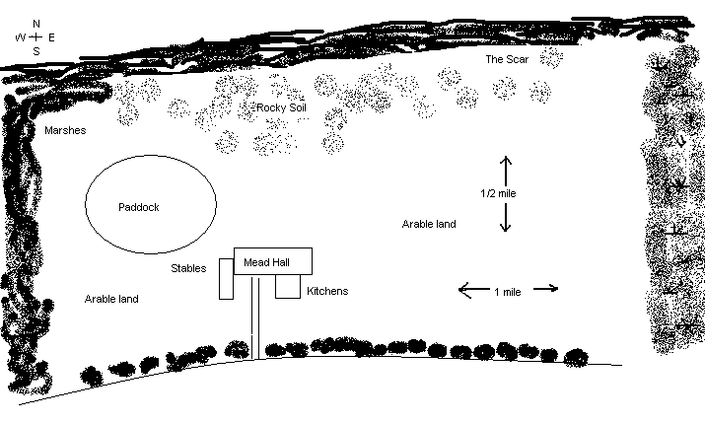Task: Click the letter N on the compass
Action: (36, 23)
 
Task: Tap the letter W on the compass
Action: (20, 37)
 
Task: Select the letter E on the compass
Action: (51, 37)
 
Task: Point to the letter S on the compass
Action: (36, 51)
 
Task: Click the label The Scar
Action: (507, 59)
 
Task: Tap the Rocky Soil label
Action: (281, 106)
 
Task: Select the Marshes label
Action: (65, 130)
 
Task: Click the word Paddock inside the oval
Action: (138, 207)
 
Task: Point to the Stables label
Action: (188, 267)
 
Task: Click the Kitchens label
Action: (327, 291)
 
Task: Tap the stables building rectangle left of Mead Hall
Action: (226, 278)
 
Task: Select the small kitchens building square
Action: (287, 286)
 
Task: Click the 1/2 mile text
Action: (498, 193)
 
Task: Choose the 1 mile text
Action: (507, 291)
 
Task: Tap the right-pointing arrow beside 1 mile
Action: (545, 289)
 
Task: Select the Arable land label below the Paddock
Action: (111, 299)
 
